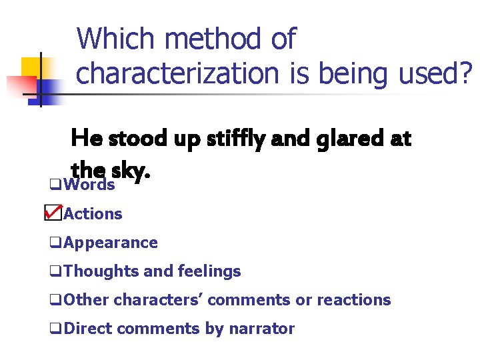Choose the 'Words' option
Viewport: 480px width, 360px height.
click(89, 185)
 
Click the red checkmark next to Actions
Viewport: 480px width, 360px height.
click(53, 213)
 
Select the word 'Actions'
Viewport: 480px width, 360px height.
click(93, 214)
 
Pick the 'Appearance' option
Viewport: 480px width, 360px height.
click(111, 243)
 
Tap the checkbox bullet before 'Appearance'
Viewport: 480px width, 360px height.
click(54, 243)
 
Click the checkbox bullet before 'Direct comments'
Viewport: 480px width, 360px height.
click(54, 329)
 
